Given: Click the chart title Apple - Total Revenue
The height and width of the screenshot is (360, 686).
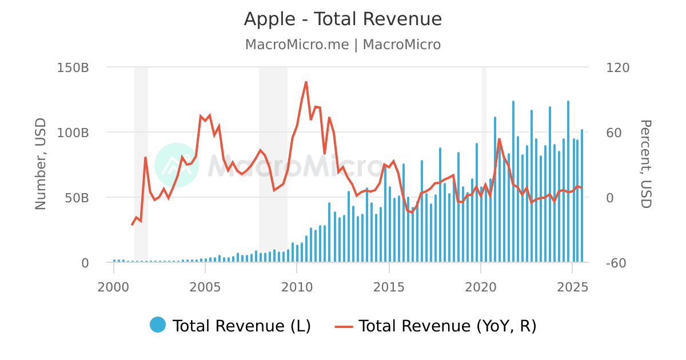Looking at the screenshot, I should pos(343,19).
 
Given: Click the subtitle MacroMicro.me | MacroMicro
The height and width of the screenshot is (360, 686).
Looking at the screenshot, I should pos(343,45).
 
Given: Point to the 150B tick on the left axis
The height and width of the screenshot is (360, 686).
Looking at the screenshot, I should pos(73,67).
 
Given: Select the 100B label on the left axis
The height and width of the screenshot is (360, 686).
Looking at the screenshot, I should pos(73,133).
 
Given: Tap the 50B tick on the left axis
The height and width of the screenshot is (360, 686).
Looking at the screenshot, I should pos(77,198).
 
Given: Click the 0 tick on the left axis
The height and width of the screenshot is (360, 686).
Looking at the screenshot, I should pos(85,263).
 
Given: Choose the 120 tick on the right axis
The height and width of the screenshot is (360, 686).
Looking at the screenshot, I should pos(617,67).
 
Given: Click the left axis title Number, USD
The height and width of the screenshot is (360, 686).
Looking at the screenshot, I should pos(41,165).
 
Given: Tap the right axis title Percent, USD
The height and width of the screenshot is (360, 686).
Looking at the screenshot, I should pos(645,165).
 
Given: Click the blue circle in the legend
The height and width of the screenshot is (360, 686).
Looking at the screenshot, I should pos(158,325).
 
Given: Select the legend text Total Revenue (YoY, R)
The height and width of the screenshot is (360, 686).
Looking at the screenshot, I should pos(447,326).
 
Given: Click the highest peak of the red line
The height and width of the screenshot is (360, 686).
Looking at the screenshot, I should pos(306,82).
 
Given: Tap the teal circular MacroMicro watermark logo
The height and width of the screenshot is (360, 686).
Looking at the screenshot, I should pos(177,165).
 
